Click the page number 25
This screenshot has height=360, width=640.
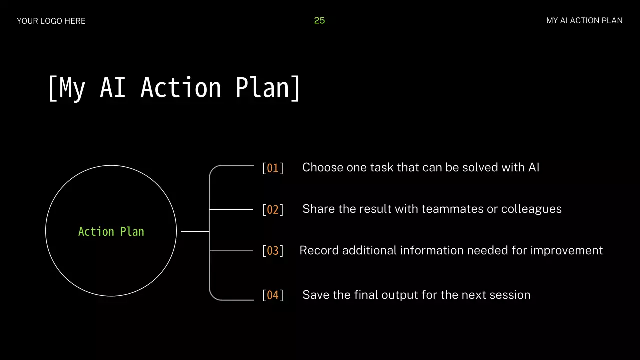point(319,20)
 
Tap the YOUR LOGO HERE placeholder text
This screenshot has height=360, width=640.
point(51,21)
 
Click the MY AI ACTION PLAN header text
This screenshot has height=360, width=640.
point(584,21)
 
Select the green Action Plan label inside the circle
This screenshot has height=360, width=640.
point(111,231)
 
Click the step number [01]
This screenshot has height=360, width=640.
point(273,168)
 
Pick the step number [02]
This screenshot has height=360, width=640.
point(273,209)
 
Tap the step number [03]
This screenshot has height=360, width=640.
point(273,251)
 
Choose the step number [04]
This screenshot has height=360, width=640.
point(273,295)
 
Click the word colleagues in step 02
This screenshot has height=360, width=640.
point(531,209)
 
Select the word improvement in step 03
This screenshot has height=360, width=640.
point(567,251)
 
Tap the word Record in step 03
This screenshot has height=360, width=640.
point(319,250)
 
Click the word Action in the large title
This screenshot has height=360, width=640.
point(181,87)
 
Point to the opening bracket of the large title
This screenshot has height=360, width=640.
point(53,88)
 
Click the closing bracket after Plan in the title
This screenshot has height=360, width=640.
point(295,88)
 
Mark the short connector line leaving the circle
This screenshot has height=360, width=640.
point(195,231)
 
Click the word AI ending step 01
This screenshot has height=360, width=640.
point(534,167)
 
